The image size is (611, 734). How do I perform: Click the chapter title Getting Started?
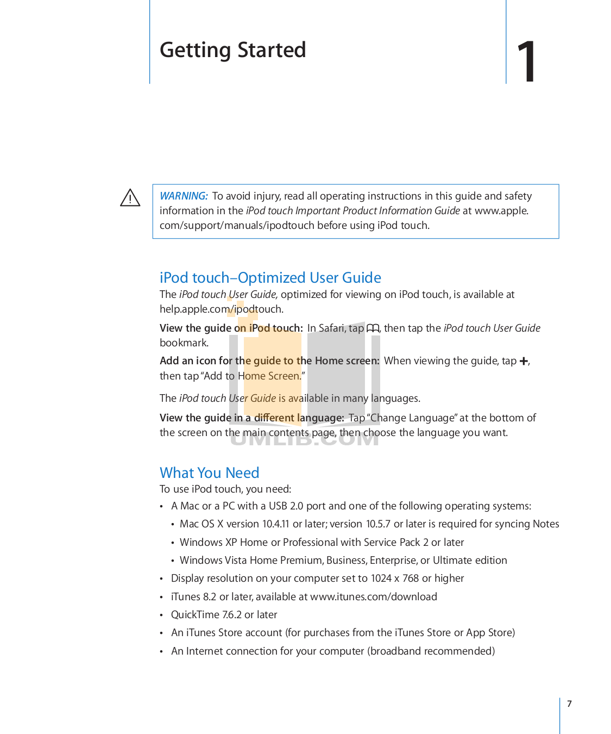point(232,50)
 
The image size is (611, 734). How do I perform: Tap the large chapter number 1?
point(526,62)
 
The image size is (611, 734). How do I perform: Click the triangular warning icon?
point(130,198)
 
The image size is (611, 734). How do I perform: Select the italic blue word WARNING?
point(184,196)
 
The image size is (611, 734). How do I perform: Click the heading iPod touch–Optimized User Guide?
point(270,277)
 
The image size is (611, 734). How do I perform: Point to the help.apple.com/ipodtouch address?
point(221,309)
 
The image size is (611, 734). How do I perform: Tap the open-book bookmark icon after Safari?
point(373,328)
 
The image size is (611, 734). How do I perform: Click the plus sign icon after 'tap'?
point(524,361)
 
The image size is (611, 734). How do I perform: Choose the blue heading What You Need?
point(209,472)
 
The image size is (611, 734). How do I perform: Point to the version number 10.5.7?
point(378,524)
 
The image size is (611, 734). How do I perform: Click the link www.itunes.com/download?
point(373,596)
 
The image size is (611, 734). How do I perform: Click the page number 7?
point(569,704)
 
